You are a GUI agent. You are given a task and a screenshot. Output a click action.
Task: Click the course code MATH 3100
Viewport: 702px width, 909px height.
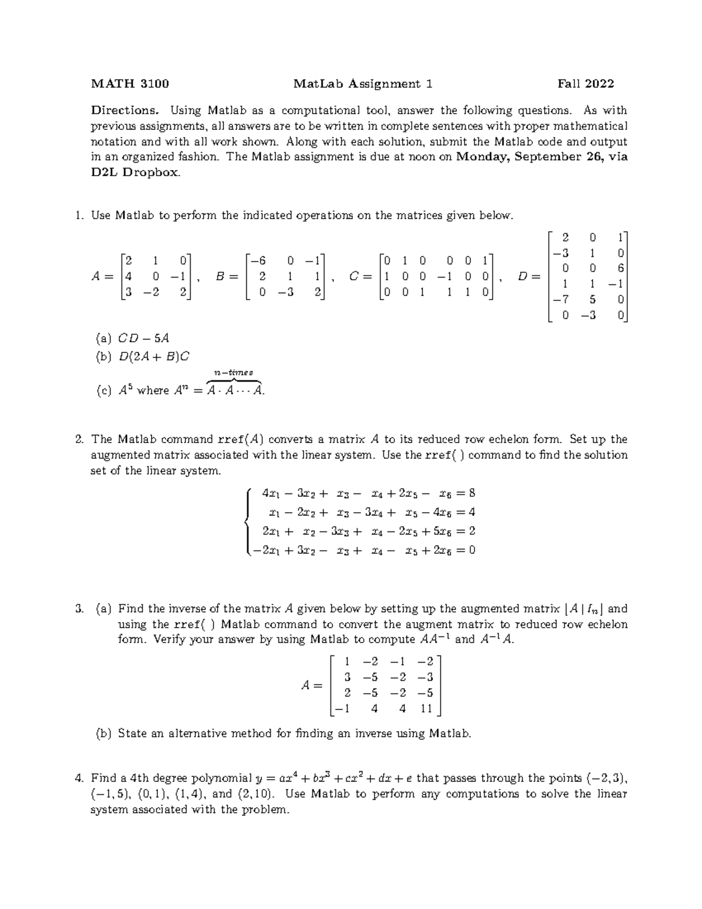coord(130,84)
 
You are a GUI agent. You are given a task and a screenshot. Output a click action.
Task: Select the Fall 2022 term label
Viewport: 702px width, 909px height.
coord(586,84)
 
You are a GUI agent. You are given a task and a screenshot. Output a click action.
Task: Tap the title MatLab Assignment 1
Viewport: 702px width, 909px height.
coord(363,84)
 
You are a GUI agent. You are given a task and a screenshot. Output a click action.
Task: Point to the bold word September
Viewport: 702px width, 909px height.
coord(544,157)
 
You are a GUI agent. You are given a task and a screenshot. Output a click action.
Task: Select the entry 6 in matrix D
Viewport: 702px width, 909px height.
coord(621,268)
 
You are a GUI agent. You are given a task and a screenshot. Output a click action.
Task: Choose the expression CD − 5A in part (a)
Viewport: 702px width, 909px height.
coord(144,338)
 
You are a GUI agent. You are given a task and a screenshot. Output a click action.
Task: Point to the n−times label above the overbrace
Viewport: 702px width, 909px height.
coord(233,372)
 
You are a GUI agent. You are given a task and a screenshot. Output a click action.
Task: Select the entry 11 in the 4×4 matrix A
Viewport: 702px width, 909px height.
coord(425,709)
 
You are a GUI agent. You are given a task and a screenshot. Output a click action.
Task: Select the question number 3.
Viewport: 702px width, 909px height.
coord(79,609)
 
